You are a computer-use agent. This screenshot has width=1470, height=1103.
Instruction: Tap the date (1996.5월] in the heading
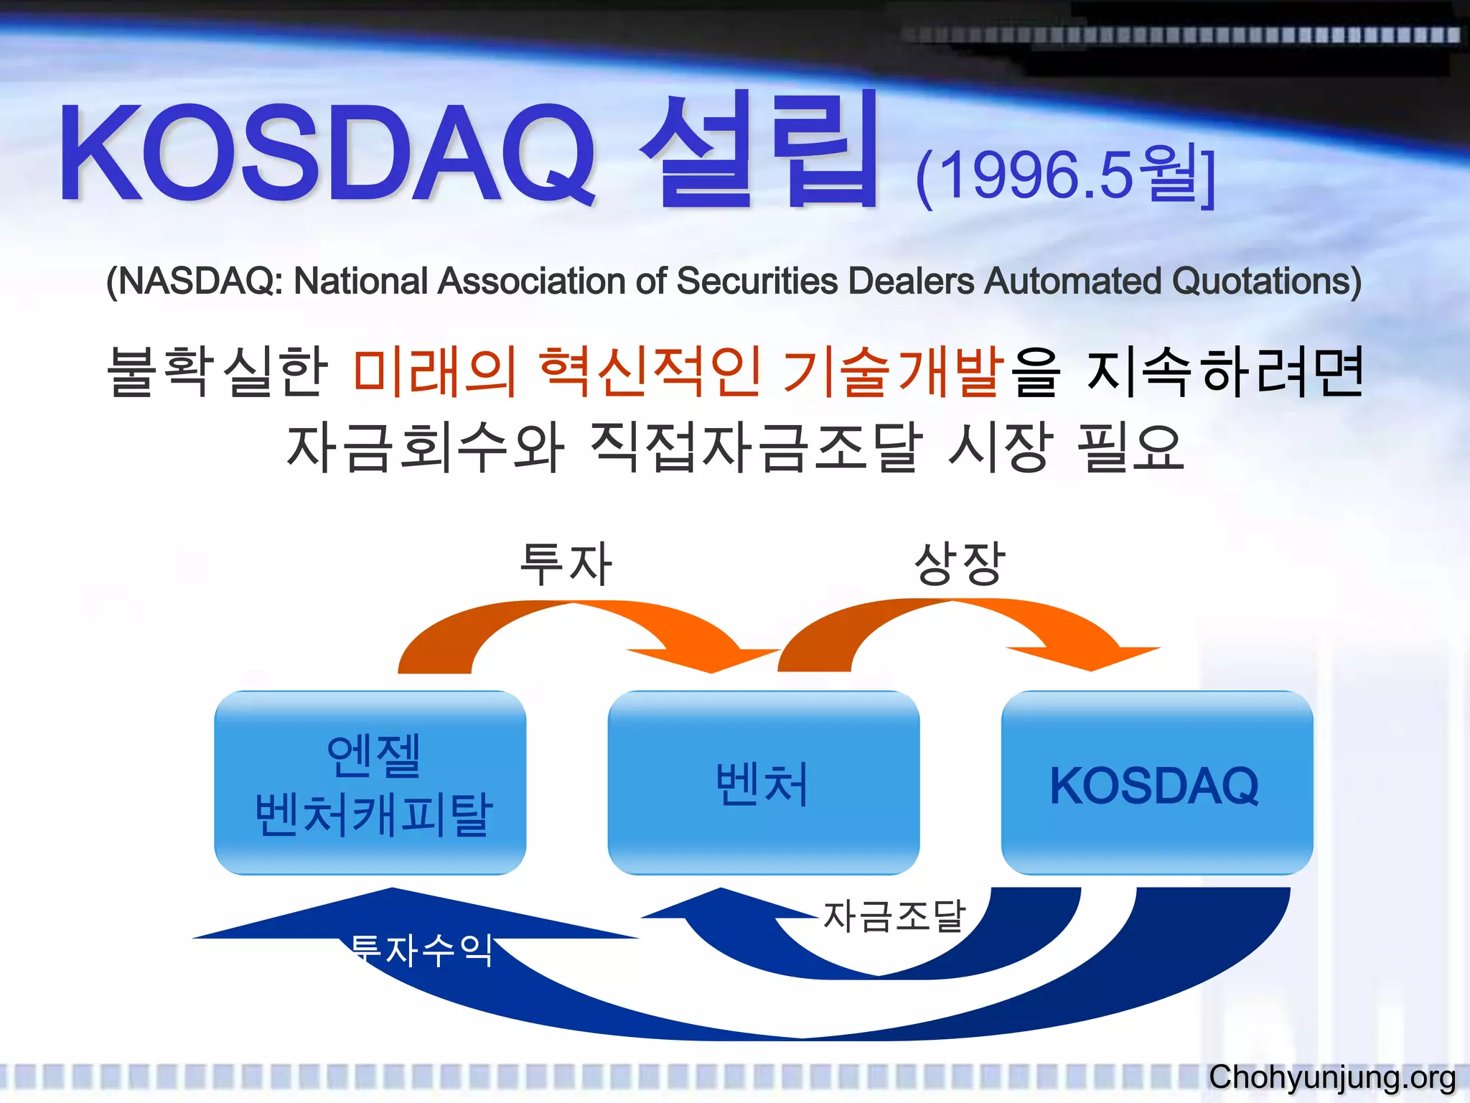pos(1065,176)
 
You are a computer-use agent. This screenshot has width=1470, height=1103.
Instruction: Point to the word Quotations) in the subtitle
pos(1266,281)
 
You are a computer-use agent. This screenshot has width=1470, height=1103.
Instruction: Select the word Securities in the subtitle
pos(757,281)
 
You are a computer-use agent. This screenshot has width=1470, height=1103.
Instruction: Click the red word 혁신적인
pos(650,371)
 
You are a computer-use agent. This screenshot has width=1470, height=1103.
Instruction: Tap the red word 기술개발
pos(893,371)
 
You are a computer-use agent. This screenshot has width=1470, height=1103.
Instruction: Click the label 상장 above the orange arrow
pos(959,564)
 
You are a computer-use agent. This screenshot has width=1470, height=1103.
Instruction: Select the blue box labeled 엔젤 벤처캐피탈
pos(370,783)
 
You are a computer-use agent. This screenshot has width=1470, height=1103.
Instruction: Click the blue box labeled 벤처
pos(763,783)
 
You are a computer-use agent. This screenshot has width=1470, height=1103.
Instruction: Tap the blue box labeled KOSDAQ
pos(1156,783)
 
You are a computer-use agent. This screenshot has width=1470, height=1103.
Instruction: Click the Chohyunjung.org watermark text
pos(1332,1077)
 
